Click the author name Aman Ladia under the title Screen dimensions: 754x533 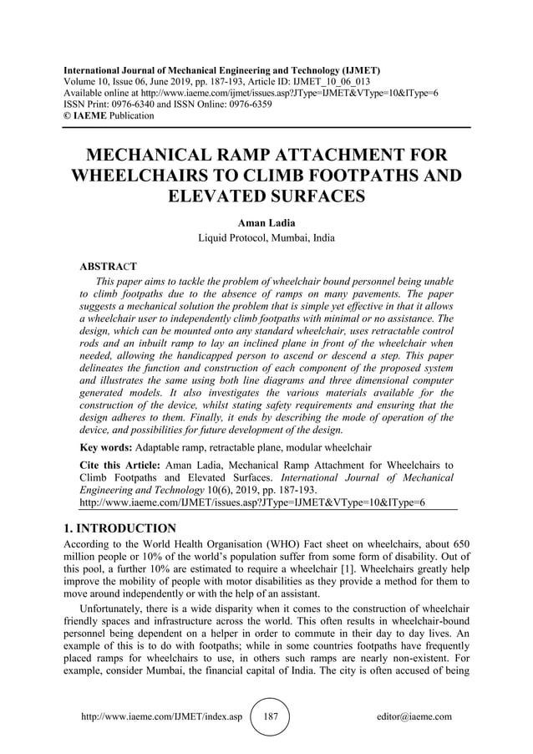point(266,223)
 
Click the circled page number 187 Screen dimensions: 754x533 point(270,716)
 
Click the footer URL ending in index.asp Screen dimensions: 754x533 point(160,716)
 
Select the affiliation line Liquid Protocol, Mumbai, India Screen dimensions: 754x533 point(266,238)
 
